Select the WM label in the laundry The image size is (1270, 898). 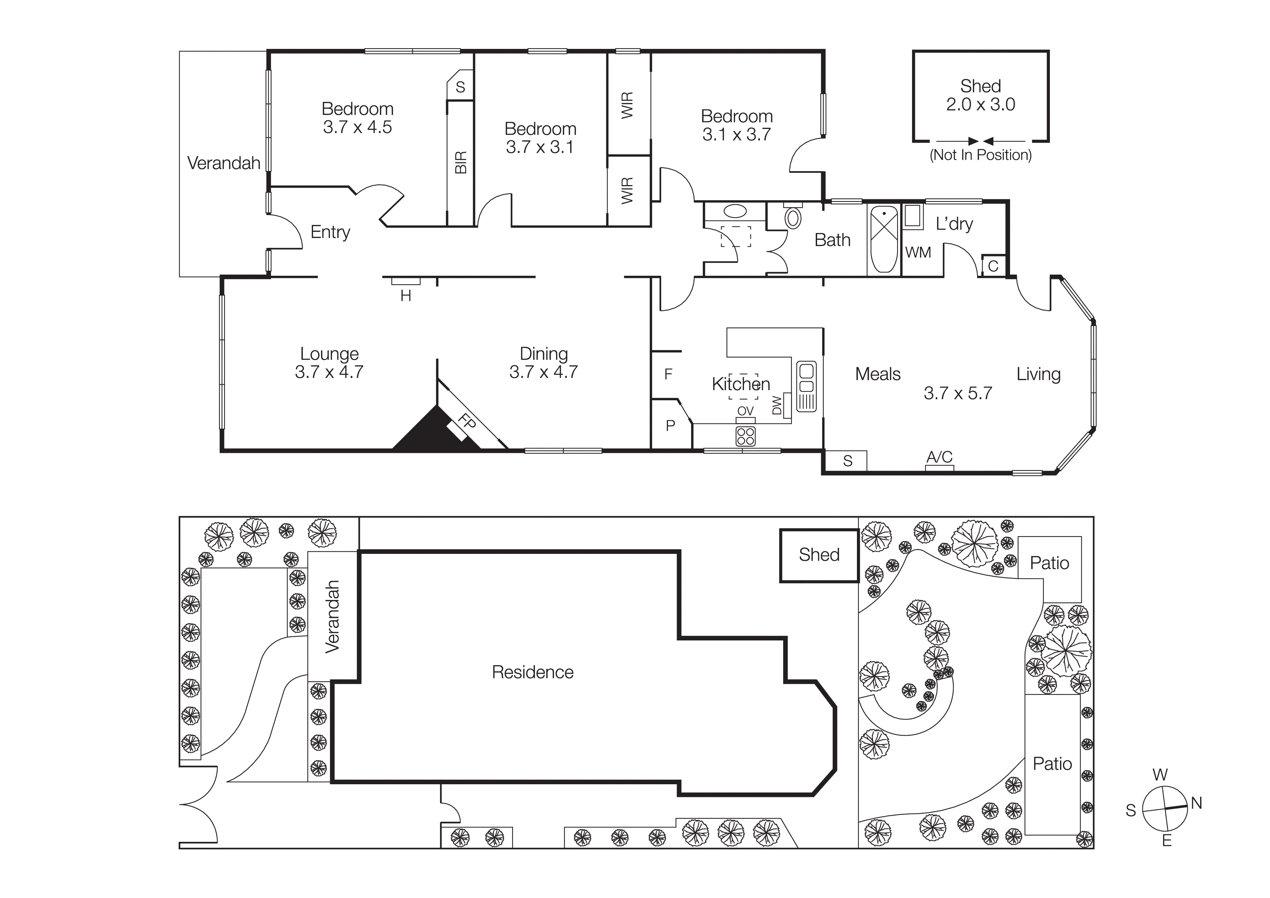tap(918, 253)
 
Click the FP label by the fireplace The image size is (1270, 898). tap(467, 422)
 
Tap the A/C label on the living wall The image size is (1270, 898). tap(939, 457)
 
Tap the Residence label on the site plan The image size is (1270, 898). tap(532, 672)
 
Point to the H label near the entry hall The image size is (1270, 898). tap(405, 296)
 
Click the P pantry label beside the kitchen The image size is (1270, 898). tap(670, 426)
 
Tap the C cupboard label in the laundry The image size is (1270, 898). tap(993, 266)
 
